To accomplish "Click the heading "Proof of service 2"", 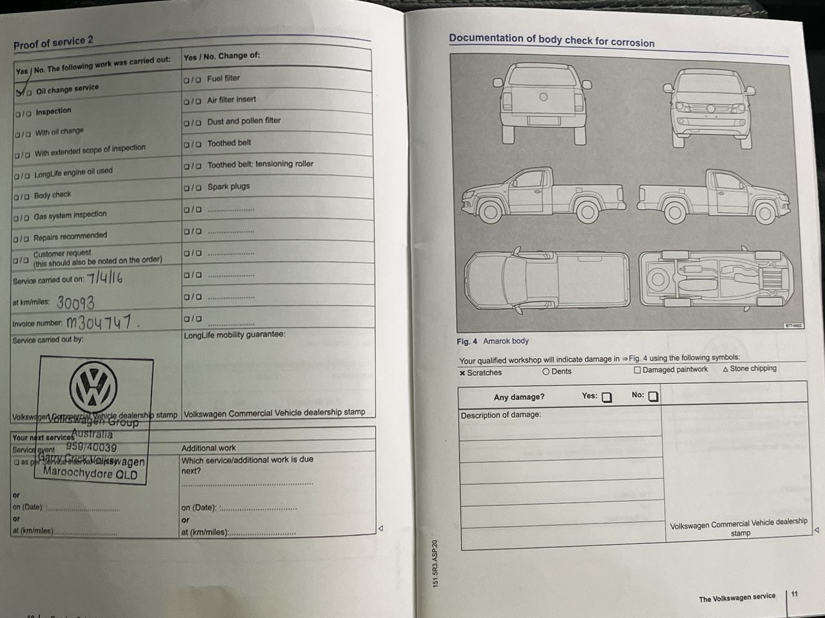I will (53, 42).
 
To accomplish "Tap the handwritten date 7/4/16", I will (104, 278).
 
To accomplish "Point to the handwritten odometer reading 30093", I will (75, 302).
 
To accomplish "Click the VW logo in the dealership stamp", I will (93, 388).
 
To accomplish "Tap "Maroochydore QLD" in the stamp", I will (90, 473).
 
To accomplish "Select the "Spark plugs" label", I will (228, 187).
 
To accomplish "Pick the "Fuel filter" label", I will (223, 79).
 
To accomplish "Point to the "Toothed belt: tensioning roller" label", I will (260, 164).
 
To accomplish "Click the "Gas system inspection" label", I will (70, 214).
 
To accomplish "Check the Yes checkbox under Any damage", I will (607, 397).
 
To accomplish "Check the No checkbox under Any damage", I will (653, 397).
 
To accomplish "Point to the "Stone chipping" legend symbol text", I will (752, 369).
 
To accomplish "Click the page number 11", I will (794, 594).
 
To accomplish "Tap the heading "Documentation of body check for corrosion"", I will (551, 40).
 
